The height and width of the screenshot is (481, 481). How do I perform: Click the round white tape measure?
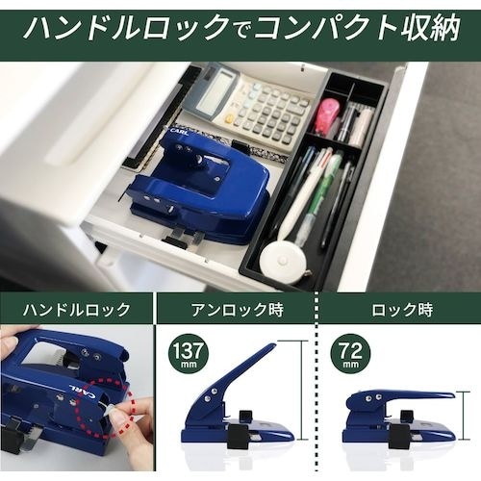coord(283,260)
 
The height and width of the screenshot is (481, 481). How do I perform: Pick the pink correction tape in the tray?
coord(326,116)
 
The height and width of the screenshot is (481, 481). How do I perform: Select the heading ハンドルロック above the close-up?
coord(77,310)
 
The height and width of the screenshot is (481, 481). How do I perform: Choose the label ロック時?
coord(399,310)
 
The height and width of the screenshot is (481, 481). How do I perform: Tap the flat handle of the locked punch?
coord(414,395)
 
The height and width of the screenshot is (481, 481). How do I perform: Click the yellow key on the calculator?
coord(232,118)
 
